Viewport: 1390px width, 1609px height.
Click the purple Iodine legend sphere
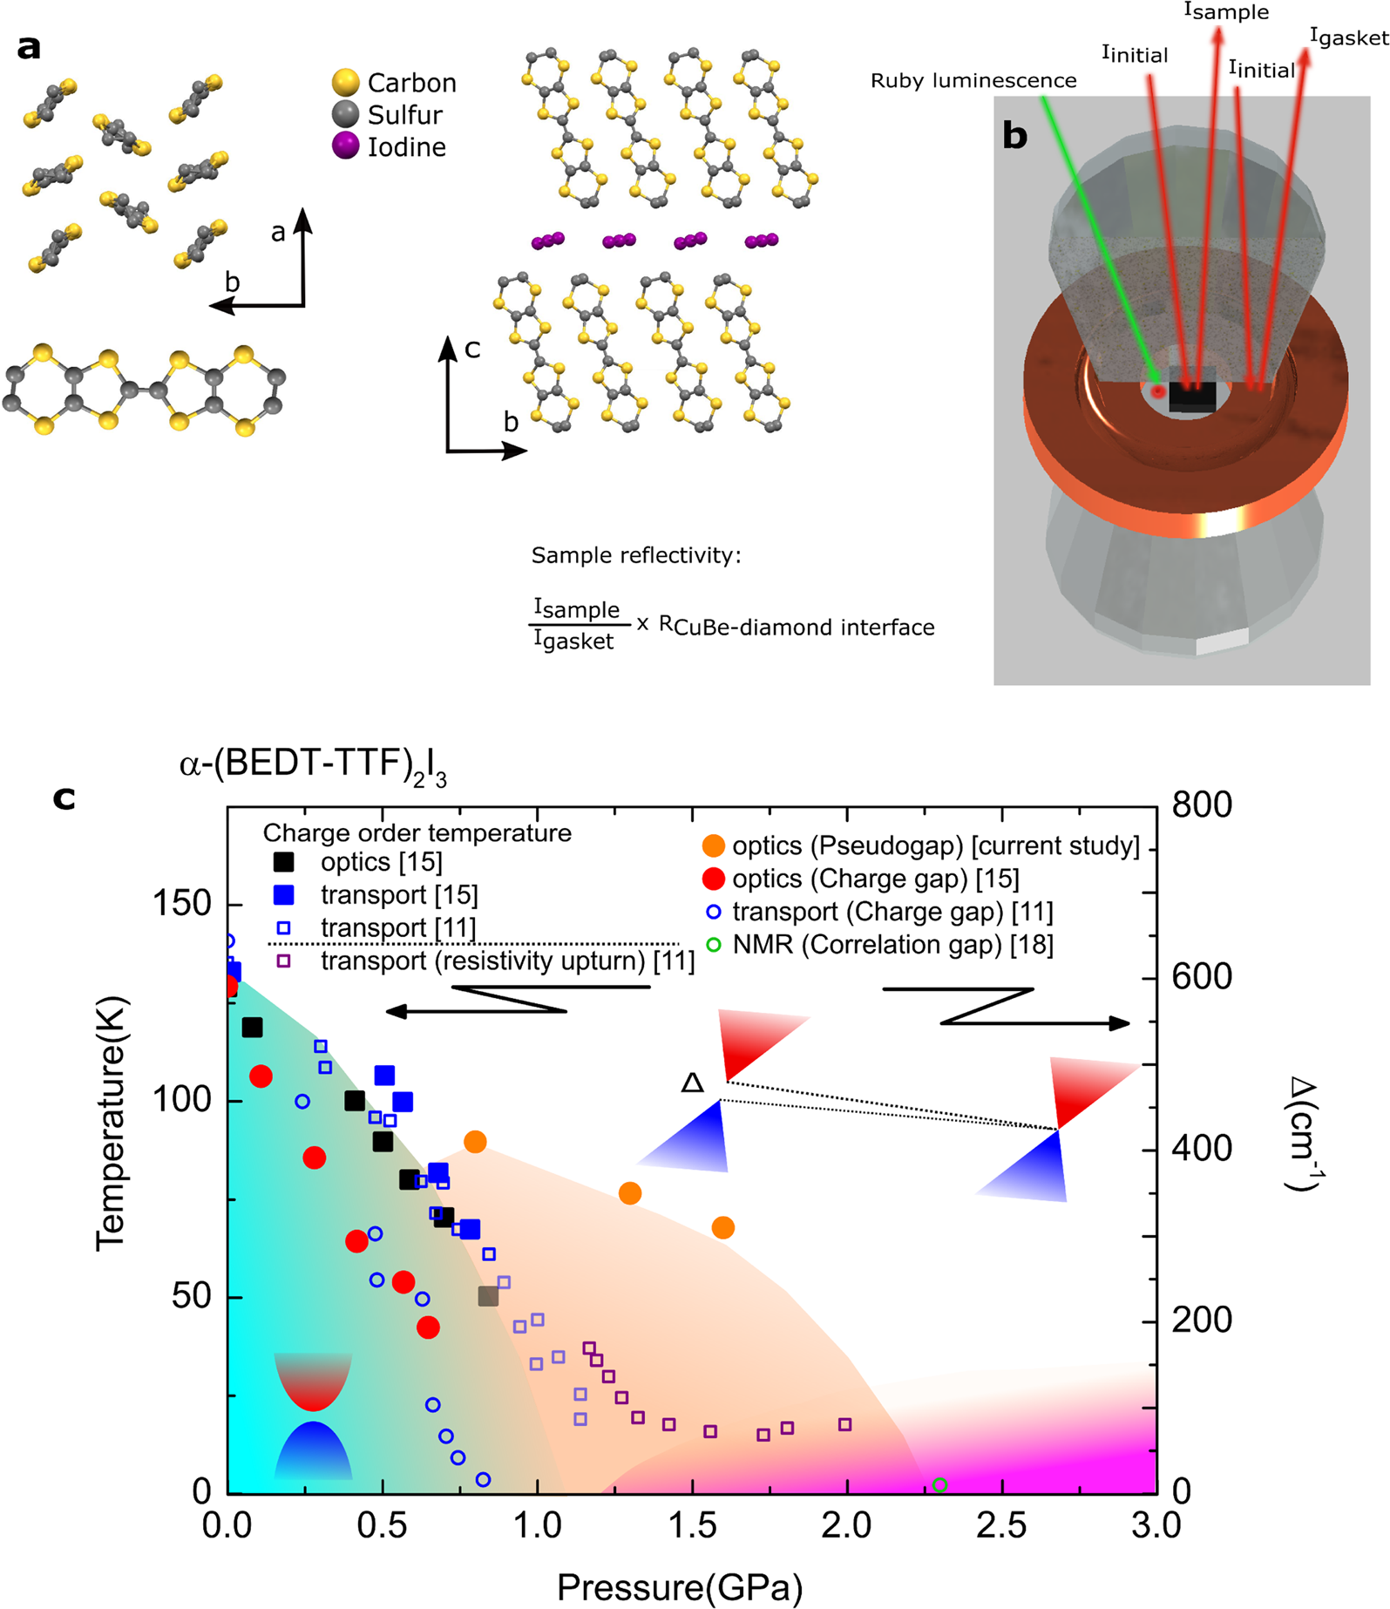tap(346, 146)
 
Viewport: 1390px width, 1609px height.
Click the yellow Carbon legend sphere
tap(346, 82)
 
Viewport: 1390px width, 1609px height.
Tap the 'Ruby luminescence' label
tap(973, 81)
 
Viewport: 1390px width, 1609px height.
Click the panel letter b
tap(1015, 135)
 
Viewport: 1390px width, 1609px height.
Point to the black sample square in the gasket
tap(1191, 395)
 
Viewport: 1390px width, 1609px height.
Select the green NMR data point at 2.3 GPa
tap(939, 1485)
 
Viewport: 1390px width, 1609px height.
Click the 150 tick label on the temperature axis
tap(182, 904)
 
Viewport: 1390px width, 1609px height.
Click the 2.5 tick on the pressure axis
tap(1002, 1527)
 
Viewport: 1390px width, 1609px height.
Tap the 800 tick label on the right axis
tap(1203, 804)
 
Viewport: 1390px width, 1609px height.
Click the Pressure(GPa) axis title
tap(679, 1587)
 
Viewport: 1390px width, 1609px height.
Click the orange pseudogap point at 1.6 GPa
tap(722, 1228)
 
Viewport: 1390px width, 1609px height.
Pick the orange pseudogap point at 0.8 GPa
tap(475, 1142)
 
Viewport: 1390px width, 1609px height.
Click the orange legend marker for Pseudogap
tap(713, 845)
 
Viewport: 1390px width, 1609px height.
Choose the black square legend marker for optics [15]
tap(284, 862)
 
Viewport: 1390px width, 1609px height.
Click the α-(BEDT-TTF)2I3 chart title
tap(313, 766)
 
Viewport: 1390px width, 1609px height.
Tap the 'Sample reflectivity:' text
tap(636, 556)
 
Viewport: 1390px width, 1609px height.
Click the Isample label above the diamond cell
tap(1225, 12)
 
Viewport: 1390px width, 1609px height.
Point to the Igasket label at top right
tap(1348, 37)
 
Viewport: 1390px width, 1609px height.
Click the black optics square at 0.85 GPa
tap(488, 1296)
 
